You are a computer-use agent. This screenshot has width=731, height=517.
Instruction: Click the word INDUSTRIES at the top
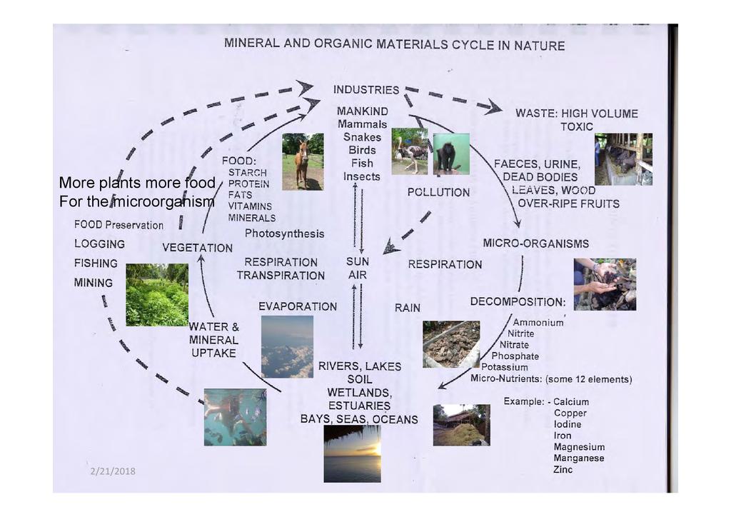[x=366, y=91]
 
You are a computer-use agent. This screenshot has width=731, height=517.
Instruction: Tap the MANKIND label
[x=363, y=111]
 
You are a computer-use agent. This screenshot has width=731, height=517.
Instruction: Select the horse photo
[x=303, y=161]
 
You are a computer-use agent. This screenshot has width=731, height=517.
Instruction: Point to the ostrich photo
[x=410, y=151]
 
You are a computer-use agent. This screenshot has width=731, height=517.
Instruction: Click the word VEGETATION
[x=197, y=248]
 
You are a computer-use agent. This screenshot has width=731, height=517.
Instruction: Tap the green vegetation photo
[x=157, y=295]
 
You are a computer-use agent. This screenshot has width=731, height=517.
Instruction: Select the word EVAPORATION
[x=298, y=306]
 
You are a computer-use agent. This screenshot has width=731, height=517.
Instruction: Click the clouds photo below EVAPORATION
[x=287, y=346]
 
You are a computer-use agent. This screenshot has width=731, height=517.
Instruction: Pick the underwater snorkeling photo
[x=235, y=417]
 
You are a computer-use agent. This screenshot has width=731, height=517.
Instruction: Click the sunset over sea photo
[x=352, y=453]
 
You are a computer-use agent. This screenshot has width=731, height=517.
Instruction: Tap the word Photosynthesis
[x=284, y=234]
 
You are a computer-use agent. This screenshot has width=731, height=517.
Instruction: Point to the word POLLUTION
[x=438, y=192]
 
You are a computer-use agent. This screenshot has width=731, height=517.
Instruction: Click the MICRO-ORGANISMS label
[x=536, y=244]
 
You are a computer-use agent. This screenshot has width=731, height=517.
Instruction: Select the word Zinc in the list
[x=563, y=470]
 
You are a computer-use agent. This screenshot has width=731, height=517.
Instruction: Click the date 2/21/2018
[x=113, y=471]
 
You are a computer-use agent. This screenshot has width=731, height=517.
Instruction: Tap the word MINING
[x=94, y=283]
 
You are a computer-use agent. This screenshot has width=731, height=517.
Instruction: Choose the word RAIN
[x=408, y=308]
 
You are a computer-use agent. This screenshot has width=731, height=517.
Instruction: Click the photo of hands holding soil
[x=605, y=284]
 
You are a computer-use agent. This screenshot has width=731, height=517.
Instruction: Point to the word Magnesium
[x=579, y=447]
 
